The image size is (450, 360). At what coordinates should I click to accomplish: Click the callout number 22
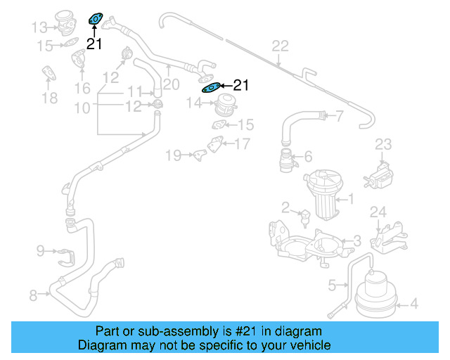coord(280,46)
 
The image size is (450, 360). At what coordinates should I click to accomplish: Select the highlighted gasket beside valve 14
coord(212,87)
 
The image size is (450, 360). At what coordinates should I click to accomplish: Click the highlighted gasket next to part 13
coord(95,20)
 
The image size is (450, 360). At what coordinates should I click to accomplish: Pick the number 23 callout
coord(382,144)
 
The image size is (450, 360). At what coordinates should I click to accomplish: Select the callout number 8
coord(33,296)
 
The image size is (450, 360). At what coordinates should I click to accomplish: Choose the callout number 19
coord(173,154)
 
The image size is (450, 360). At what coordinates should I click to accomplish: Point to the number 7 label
coord(340,116)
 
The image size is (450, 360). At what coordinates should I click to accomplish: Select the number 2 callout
coord(285,207)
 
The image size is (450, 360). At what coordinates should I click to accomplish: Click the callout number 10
coord(82,108)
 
